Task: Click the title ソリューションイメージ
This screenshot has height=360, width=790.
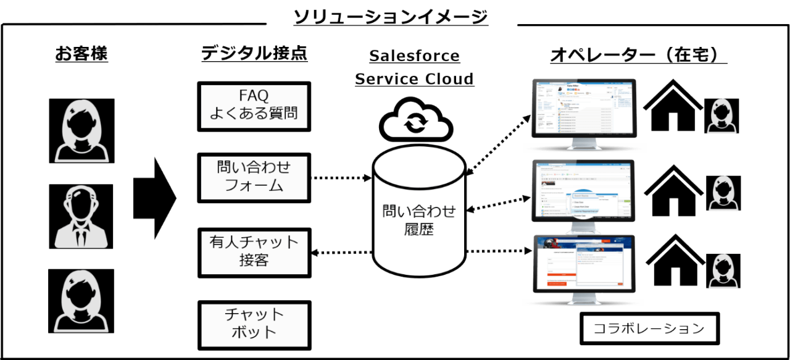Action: (391, 17)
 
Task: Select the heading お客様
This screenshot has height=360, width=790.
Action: (81, 55)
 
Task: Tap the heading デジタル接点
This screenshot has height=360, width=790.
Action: (254, 54)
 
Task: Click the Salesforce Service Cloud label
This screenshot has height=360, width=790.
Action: (414, 67)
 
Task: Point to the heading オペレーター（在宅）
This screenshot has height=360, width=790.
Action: (638, 56)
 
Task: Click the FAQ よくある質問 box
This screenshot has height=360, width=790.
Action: (254, 106)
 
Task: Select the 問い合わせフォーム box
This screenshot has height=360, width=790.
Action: (254, 177)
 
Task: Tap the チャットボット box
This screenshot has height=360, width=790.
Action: (254, 323)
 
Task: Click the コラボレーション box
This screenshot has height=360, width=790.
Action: (650, 329)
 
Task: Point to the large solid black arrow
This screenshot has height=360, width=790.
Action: (154, 198)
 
